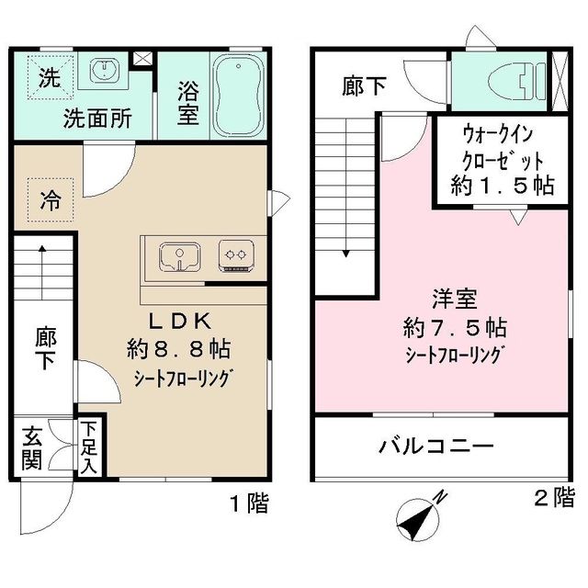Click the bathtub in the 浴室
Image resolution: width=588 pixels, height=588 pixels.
point(238,96)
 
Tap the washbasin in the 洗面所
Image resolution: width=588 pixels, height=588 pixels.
point(103,70)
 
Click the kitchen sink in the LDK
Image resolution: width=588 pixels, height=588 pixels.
point(180,256)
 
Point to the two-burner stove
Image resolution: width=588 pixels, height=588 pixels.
point(236,255)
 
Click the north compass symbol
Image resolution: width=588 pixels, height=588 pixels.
point(419,518)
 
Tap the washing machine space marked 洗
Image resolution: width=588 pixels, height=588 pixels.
point(50,77)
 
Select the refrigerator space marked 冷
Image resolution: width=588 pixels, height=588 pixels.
point(51,200)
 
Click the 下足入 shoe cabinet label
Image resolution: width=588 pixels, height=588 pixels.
point(88,447)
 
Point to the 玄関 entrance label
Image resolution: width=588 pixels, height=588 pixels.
point(31,447)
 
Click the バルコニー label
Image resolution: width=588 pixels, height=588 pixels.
point(436,447)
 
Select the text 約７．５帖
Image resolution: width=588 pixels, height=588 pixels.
point(455,327)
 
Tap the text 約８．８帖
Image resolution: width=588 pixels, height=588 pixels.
point(178,349)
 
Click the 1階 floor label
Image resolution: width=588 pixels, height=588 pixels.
point(249,503)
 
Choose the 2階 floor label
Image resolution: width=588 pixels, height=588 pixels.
point(554,497)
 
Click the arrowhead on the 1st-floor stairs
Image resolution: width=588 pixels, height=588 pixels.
point(42,248)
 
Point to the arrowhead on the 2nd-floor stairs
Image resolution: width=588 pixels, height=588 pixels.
point(346,254)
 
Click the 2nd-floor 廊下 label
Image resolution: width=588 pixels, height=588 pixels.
point(364,85)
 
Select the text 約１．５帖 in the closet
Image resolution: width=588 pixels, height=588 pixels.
point(503,185)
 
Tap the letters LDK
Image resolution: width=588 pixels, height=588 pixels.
point(180,321)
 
